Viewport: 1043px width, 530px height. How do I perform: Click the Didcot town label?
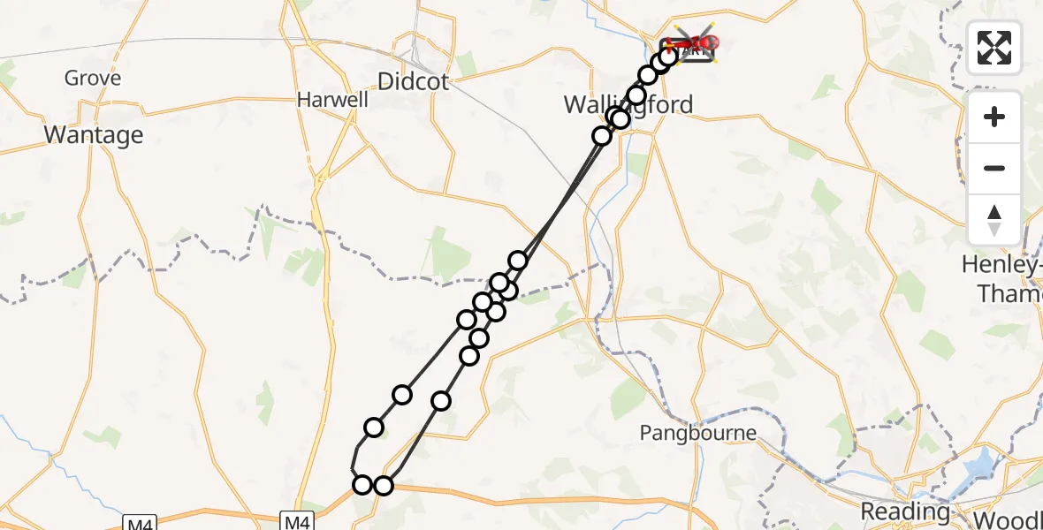click(x=413, y=82)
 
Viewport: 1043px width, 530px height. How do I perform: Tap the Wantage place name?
click(x=93, y=135)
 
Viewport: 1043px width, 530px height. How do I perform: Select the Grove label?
click(x=93, y=79)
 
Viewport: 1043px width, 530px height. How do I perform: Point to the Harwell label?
click(x=332, y=100)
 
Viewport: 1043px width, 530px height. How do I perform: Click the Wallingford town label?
click(x=628, y=105)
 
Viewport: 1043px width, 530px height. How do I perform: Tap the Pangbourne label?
click(x=698, y=433)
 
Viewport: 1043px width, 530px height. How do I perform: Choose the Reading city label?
click(x=904, y=511)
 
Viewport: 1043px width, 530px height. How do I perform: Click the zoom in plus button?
click(x=994, y=117)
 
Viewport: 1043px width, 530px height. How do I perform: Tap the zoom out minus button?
click(x=994, y=168)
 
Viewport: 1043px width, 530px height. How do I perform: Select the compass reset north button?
click(x=994, y=219)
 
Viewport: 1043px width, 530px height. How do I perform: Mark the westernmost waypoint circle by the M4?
click(x=362, y=485)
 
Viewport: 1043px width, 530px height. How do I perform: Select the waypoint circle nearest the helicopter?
click(x=669, y=57)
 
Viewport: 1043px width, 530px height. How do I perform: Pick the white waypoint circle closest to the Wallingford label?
click(x=620, y=119)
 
